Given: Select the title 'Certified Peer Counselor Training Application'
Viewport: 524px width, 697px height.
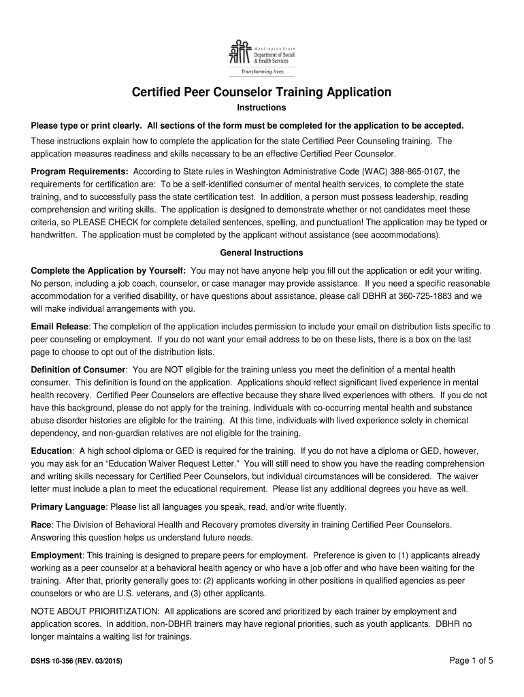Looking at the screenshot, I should tap(261, 92).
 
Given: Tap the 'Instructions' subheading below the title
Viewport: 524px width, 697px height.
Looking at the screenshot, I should tap(261, 108).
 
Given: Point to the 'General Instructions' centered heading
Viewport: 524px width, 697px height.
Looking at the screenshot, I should tap(261, 252).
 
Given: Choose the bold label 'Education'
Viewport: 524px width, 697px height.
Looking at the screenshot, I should tap(52, 451).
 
